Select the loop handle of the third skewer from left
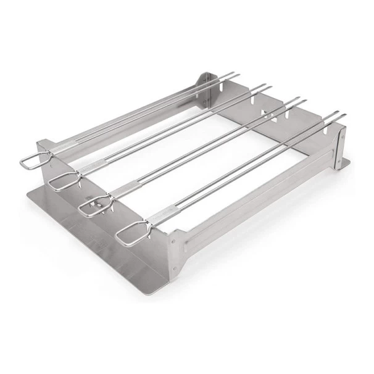click(x=93, y=206)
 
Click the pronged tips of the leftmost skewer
click(x=228, y=75)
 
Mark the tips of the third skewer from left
click(x=298, y=101)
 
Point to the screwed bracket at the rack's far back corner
click(x=203, y=83)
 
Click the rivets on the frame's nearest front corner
click(x=173, y=238)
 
